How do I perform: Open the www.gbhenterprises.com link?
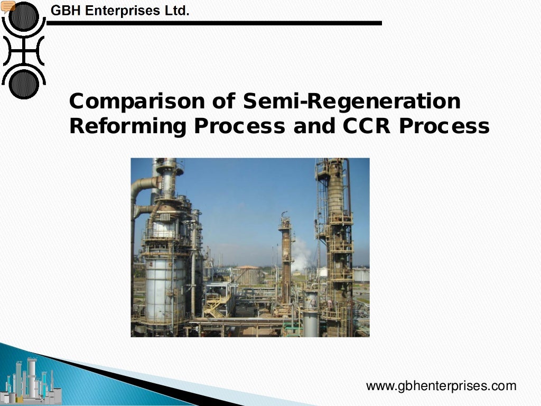(441, 386)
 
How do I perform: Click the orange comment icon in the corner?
(7, 6)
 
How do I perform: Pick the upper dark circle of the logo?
(24, 17)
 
